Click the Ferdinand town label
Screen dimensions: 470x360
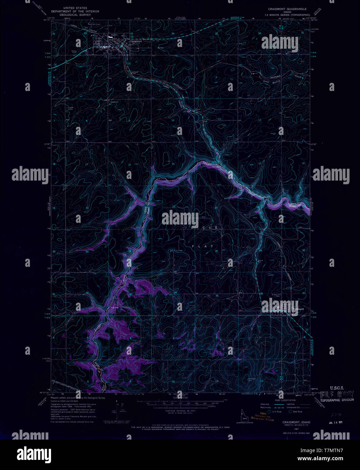tap(298, 309)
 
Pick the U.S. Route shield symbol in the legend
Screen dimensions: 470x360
tap(269, 412)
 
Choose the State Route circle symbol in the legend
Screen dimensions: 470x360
tap(290, 412)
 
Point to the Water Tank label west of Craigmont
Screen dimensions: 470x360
tap(74, 52)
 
